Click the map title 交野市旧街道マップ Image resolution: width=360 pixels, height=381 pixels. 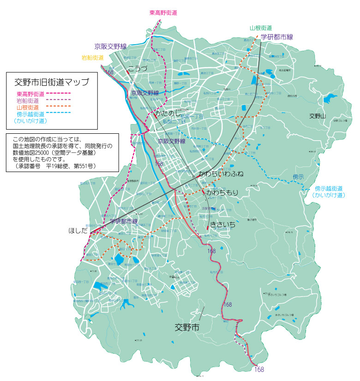51,83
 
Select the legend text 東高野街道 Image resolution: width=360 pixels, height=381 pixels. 30,94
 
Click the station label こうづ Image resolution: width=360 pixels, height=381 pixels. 138,69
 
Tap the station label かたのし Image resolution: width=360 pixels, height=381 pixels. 167,113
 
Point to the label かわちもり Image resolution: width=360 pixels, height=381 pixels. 222,192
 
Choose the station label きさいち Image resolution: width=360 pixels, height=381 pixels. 223,224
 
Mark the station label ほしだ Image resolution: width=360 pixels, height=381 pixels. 78,230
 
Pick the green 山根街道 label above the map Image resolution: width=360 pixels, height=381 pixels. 261,28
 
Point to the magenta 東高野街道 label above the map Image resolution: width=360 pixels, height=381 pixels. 163,13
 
